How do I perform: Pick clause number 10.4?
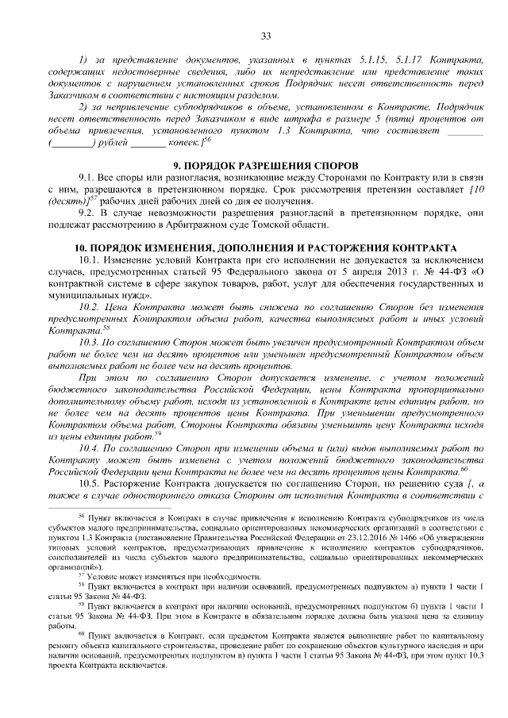tap(90, 447)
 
